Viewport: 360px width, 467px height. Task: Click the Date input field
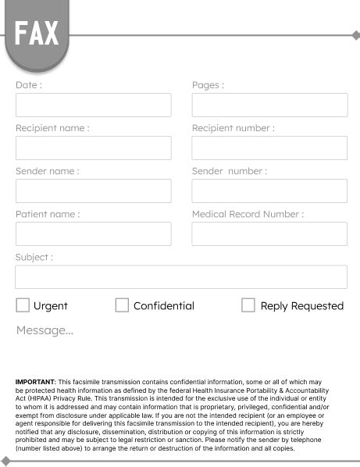tap(93, 105)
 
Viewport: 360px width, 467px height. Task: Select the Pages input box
tap(269, 105)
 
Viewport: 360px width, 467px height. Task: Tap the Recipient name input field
tap(93, 148)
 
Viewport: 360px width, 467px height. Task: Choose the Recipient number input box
tap(269, 148)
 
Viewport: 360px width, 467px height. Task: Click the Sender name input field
tap(93, 191)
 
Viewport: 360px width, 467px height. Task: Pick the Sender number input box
tap(269, 191)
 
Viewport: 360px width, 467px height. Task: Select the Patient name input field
tap(93, 234)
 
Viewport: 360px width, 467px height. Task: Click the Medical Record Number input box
tap(269, 234)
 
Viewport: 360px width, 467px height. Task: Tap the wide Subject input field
tap(181, 277)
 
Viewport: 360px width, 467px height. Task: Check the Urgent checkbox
tap(23, 305)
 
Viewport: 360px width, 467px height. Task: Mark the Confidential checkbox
tap(122, 305)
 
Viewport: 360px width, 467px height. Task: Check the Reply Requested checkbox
tap(248, 305)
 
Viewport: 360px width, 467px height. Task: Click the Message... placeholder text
tap(45, 330)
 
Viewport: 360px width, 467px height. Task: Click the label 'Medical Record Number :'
tap(248, 214)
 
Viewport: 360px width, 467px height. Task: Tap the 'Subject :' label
tap(34, 257)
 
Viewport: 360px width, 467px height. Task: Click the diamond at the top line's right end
tap(356, 35)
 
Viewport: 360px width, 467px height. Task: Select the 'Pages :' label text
tap(208, 85)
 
